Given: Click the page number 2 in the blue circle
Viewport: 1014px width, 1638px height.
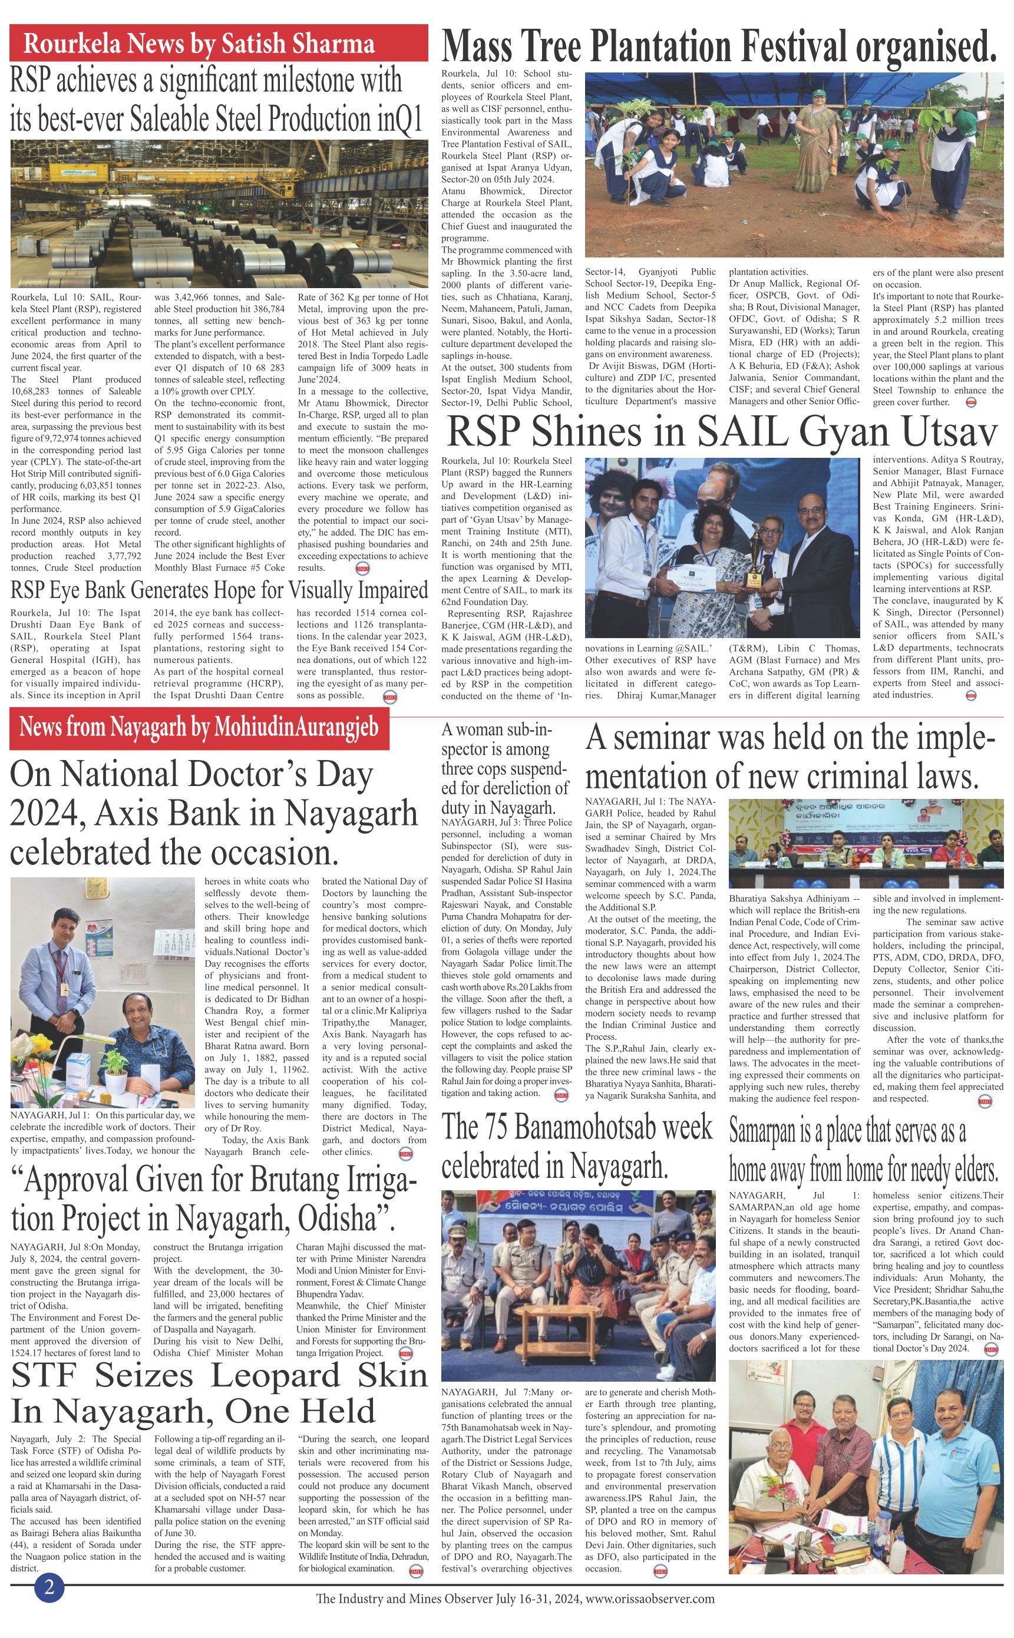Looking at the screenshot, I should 49,1587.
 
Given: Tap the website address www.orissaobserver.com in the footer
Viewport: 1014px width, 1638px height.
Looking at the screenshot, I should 650,1599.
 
